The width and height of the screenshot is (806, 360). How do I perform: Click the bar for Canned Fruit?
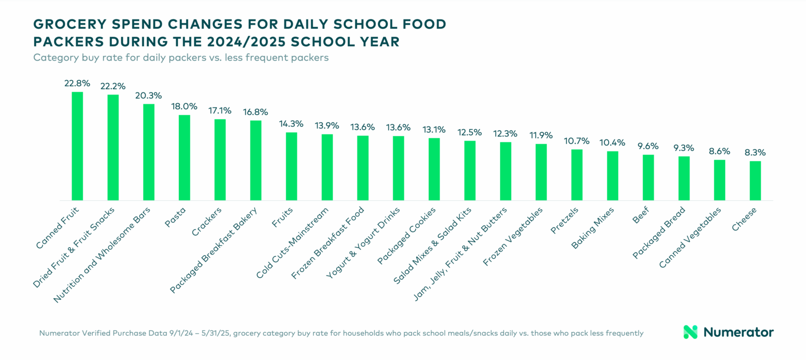pyautogui.click(x=77, y=146)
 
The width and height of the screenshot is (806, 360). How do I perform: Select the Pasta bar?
pyautogui.click(x=184, y=157)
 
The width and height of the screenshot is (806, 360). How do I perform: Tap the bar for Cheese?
pyautogui.click(x=755, y=181)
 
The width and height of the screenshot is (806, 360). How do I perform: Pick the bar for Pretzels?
pyautogui.click(x=577, y=175)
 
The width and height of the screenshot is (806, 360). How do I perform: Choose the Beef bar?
pyautogui.click(x=648, y=177)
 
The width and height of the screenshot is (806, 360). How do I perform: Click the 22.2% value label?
pyautogui.click(x=113, y=86)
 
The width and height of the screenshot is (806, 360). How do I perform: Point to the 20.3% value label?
pyautogui.click(x=149, y=96)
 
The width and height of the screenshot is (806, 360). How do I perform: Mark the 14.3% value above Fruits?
pyautogui.click(x=291, y=124)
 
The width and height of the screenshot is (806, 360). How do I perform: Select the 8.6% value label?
pyautogui.click(x=719, y=151)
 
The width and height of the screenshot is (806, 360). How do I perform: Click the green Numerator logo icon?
pyautogui.click(x=690, y=332)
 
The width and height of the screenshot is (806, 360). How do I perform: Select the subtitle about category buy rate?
pyautogui.click(x=181, y=58)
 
